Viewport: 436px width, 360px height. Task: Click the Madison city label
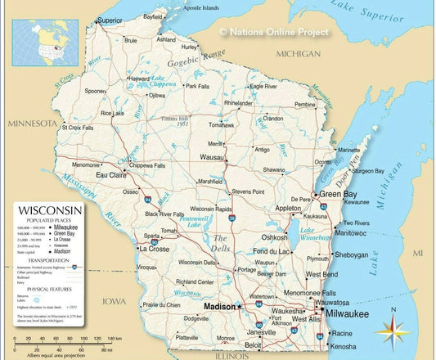218,307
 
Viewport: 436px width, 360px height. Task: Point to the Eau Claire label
111,175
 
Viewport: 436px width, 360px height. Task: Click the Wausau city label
211,156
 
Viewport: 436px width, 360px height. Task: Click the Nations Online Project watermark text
274,32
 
